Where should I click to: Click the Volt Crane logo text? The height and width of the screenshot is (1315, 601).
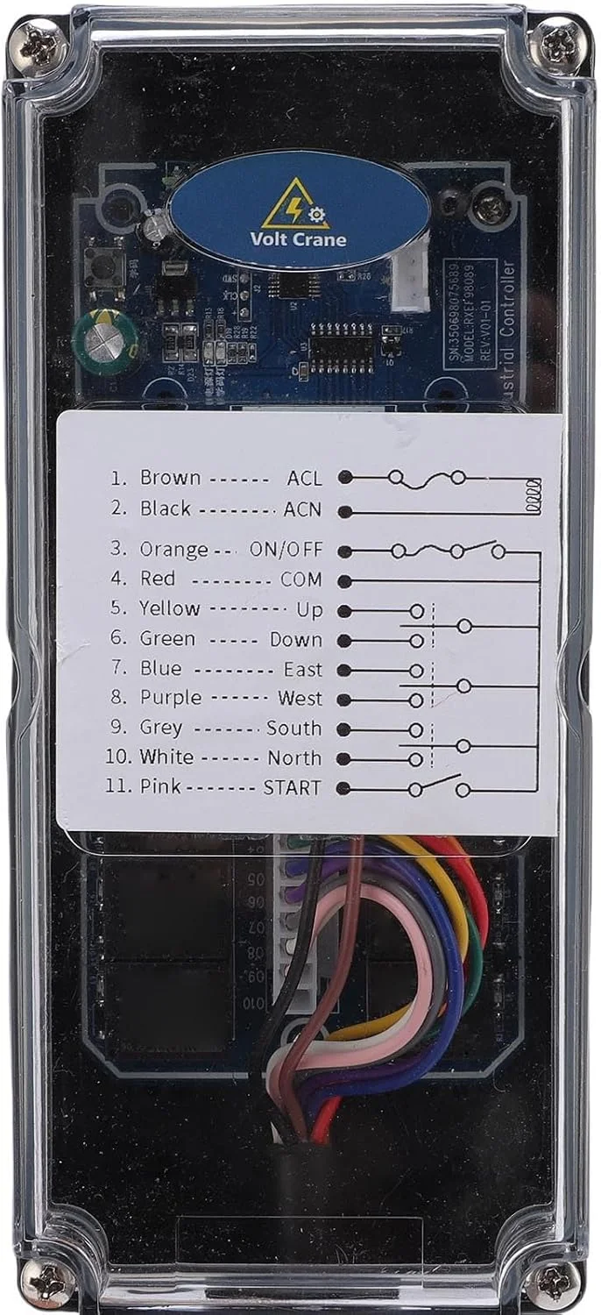click(x=298, y=239)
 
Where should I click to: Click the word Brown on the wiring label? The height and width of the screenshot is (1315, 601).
click(x=170, y=478)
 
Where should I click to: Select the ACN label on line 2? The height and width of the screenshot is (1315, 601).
click(x=302, y=509)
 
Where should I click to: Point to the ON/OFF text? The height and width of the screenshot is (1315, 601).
click(x=286, y=551)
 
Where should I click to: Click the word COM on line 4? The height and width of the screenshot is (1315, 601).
click(x=301, y=579)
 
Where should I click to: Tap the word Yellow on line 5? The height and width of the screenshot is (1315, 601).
click(x=169, y=608)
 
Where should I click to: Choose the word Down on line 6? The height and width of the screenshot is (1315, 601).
click(x=295, y=640)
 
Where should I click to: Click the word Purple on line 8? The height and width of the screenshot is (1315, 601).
click(x=170, y=699)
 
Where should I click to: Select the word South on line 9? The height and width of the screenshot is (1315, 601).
click(x=293, y=729)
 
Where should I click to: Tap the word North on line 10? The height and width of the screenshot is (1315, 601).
click(x=294, y=758)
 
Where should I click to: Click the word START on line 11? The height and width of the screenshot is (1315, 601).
click(x=293, y=787)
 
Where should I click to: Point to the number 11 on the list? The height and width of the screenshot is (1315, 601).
click(x=117, y=786)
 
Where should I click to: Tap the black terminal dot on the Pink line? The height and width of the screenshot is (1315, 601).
click(x=346, y=788)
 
